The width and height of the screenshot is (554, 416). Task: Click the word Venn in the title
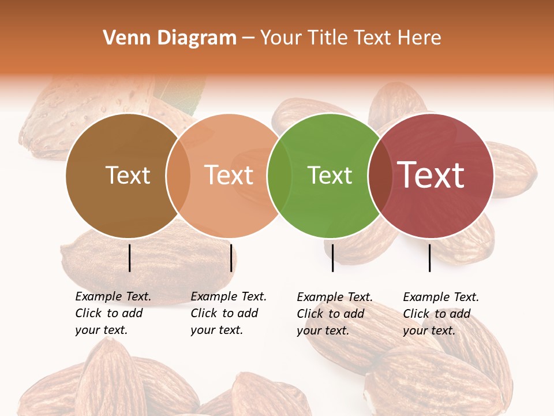coord(122,38)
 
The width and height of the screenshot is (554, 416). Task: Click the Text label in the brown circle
coord(128,175)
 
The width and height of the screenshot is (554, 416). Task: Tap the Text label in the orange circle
coord(229,175)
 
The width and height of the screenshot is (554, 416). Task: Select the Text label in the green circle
coord(330,175)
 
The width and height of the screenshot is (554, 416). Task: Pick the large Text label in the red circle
coord(431,175)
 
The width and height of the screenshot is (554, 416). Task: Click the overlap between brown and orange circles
coord(178,176)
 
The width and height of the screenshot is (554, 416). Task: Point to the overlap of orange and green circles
coord(279,176)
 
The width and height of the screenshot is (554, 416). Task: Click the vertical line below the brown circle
coord(129,258)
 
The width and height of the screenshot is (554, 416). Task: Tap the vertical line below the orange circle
coord(231,258)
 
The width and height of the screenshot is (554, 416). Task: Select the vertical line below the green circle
coord(332,258)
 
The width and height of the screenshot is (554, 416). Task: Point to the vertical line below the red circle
coord(429,258)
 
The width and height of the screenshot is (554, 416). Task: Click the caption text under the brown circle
coord(113,313)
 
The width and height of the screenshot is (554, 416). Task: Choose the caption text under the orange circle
coord(228,313)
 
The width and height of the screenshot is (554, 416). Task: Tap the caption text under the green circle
coord(334,314)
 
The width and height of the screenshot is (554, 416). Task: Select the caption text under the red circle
coord(440,314)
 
